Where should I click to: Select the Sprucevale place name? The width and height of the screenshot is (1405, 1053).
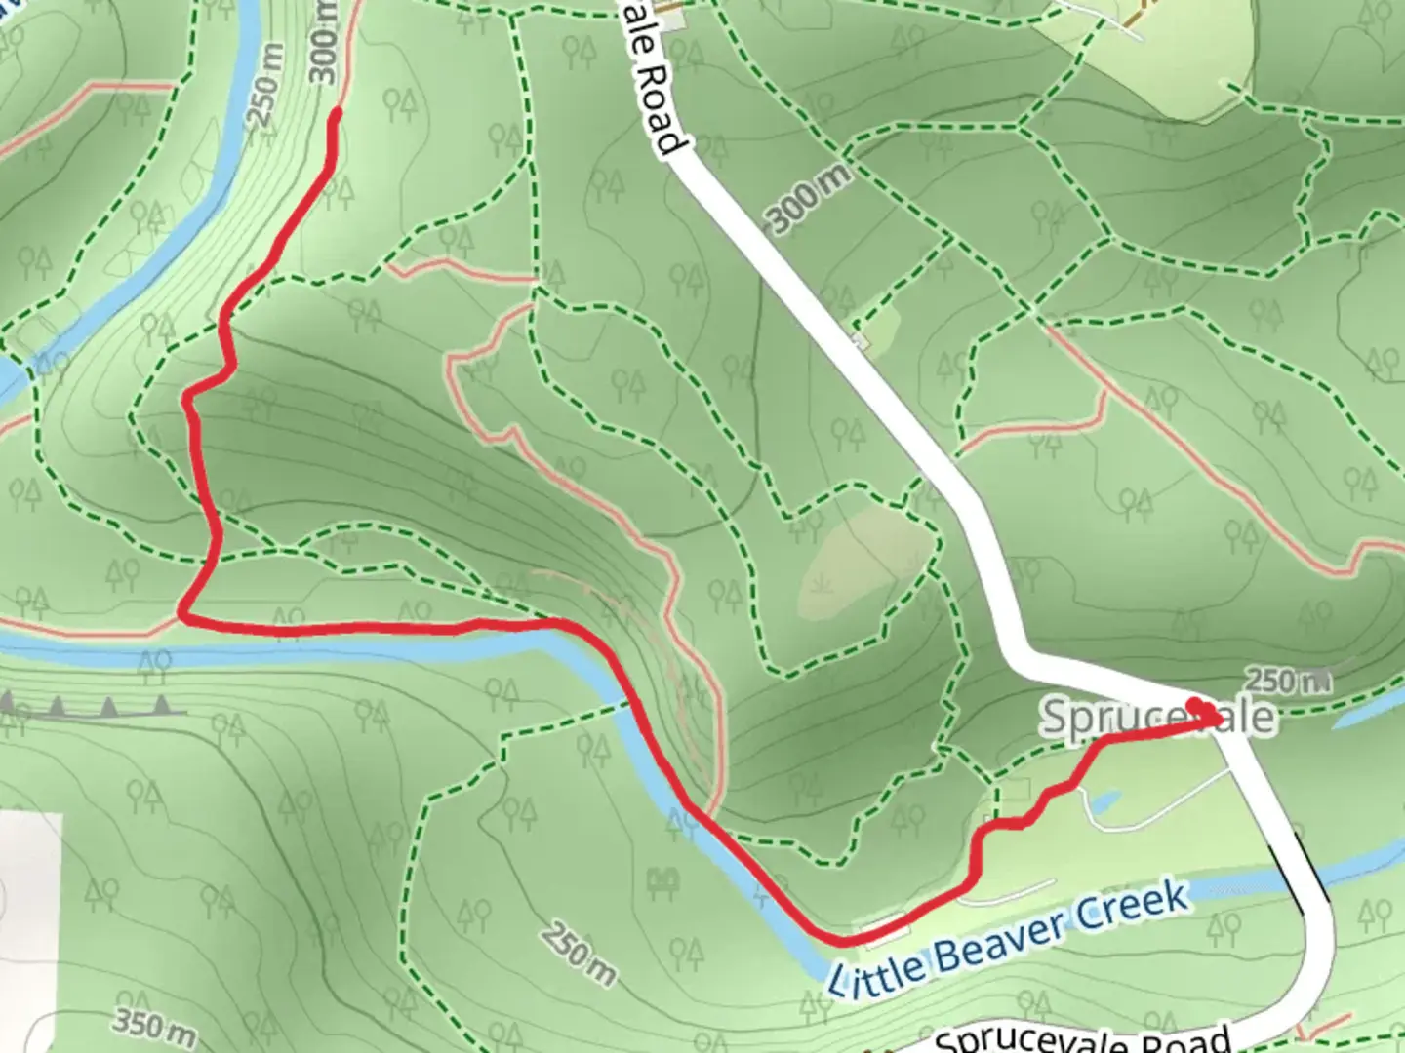pos(1157,717)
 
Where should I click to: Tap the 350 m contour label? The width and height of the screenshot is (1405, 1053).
pos(154,1027)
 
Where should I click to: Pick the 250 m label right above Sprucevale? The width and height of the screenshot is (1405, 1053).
pos(1288,680)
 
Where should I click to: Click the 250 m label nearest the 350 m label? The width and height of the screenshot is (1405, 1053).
pos(580,953)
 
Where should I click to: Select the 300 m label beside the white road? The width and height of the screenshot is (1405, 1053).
pos(810,197)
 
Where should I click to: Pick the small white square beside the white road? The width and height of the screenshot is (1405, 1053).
pos(859,340)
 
